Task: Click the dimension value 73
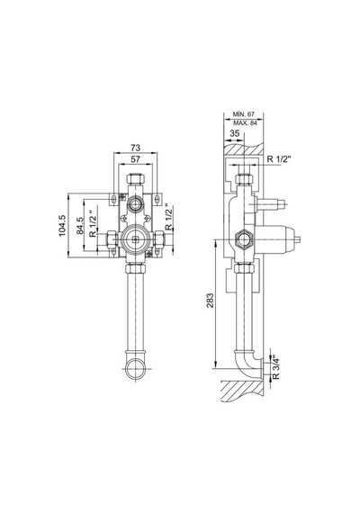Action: click(x=135, y=148)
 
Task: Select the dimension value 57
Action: click(x=135, y=159)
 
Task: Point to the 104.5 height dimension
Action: click(x=62, y=225)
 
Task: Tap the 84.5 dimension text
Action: click(x=80, y=226)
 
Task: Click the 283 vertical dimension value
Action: click(x=210, y=300)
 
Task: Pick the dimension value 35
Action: click(x=234, y=133)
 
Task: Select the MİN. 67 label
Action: click(x=244, y=114)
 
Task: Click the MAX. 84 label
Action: click(x=245, y=123)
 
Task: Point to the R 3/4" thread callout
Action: click(x=276, y=367)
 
